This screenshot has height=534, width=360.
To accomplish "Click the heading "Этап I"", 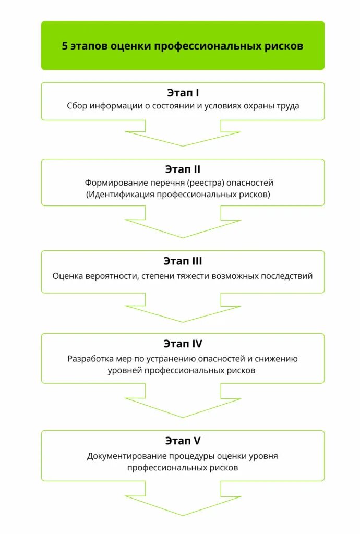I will click(183, 93).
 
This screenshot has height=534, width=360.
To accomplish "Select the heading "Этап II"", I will click(183, 169).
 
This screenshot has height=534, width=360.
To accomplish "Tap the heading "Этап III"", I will click(183, 261).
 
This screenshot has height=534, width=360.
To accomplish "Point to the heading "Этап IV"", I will click(183, 344).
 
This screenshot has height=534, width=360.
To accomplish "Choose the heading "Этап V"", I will click(183, 441).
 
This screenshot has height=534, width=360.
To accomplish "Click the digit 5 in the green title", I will click(65, 46).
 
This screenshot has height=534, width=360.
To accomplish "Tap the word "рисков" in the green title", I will click(286, 46).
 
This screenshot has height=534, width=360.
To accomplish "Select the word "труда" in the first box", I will click(287, 106).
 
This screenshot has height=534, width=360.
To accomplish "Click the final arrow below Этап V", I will click(183, 500).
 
